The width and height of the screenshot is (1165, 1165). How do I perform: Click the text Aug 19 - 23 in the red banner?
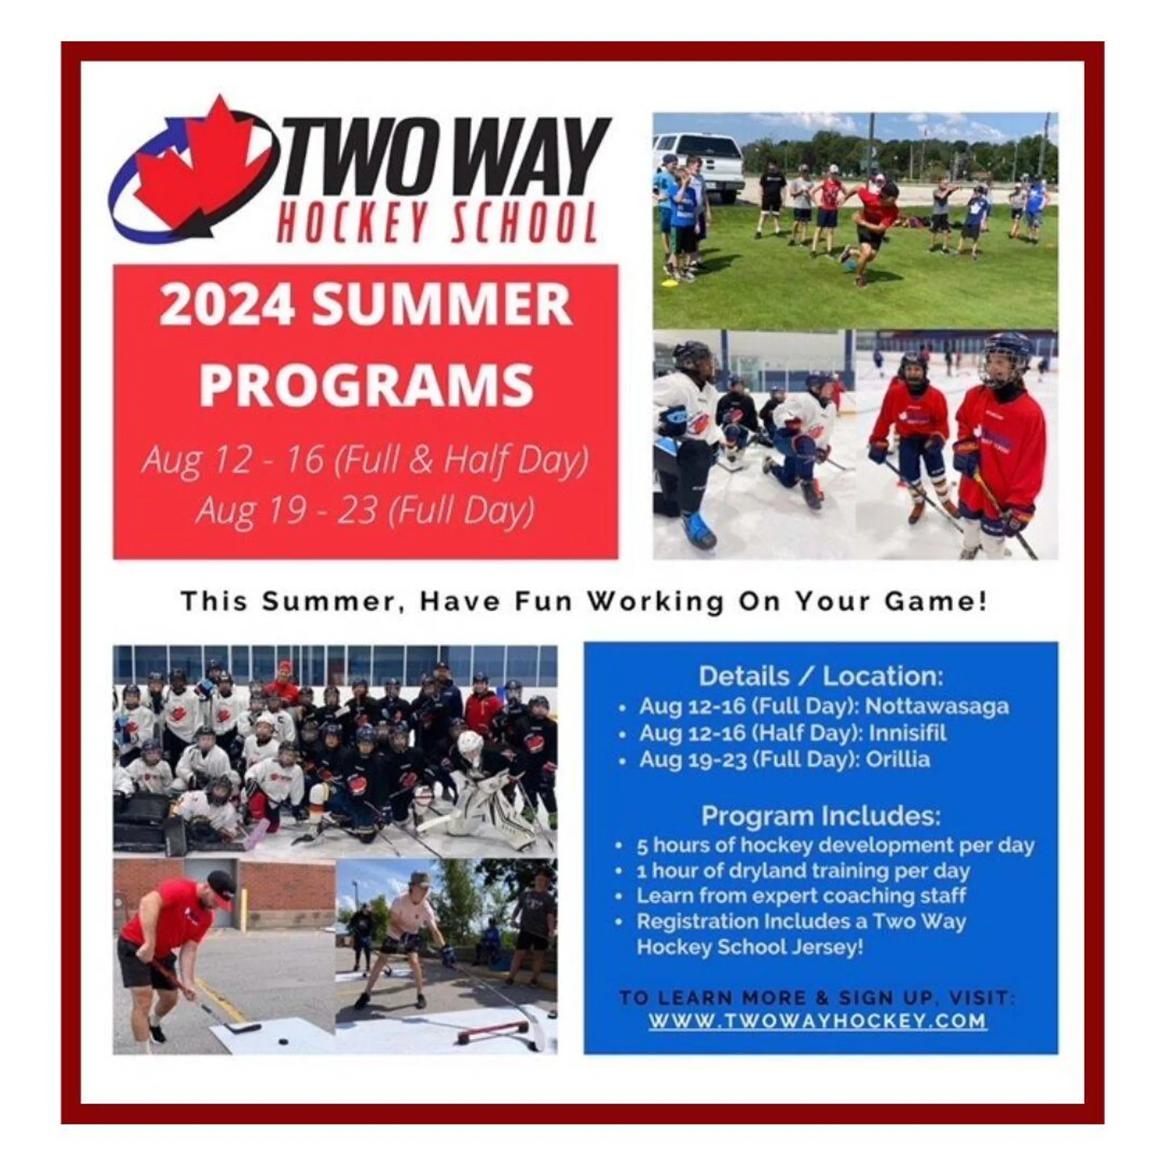(287, 511)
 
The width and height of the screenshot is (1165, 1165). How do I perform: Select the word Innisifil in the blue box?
(907, 733)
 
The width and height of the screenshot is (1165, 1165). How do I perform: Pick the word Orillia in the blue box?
(898, 759)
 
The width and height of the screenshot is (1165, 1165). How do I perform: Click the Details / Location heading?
(821, 676)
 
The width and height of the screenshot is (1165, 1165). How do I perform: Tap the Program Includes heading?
(821, 816)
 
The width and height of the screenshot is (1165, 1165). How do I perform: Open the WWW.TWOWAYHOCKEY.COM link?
(817, 1021)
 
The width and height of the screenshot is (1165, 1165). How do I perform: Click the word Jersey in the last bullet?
(836, 947)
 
